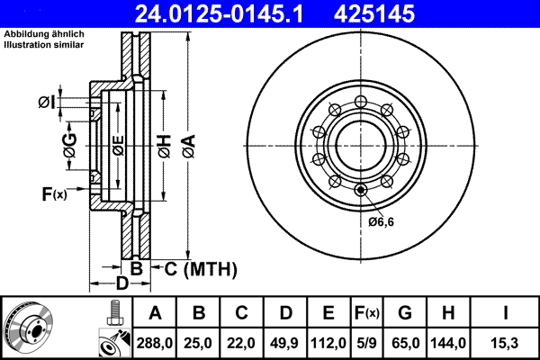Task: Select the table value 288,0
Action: tap(155, 342)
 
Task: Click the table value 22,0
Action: tap(242, 342)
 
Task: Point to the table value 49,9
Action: tap(285, 342)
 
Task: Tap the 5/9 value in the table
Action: tap(366, 342)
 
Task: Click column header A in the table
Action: tap(155, 314)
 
